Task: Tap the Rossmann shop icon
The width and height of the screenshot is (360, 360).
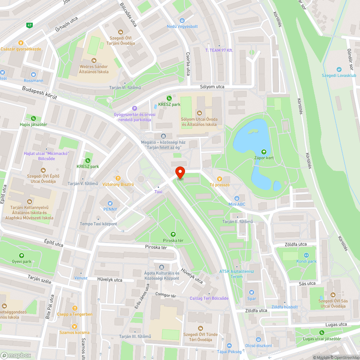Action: click(x=33, y=74)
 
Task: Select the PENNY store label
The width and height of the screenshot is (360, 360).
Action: click(x=110, y=209)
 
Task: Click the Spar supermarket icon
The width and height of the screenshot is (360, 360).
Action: click(x=252, y=292)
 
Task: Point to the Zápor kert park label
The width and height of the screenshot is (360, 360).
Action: click(x=264, y=158)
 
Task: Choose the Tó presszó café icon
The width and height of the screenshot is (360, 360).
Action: click(x=219, y=179)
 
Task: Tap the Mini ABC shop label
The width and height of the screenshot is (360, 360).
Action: click(x=237, y=204)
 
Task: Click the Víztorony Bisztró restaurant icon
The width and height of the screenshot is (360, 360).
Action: click(x=118, y=178)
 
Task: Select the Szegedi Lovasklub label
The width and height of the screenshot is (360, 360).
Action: click(x=339, y=76)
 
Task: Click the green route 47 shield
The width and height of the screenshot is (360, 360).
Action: click(x=30, y=25)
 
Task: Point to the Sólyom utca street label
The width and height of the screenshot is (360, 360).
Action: click(x=212, y=87)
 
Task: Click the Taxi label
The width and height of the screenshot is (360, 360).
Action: click(x=158, y=192)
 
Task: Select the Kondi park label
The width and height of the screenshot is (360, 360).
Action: click(x=306, y=261)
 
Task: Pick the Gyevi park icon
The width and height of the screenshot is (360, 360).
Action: click(x=22, y=255)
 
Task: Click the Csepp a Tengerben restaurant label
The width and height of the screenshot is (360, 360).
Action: click(x=75, y=314)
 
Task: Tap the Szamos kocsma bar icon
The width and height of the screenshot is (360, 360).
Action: click(x=75, y=326)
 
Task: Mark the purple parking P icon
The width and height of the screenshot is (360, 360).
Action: click(x=135, y=108)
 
